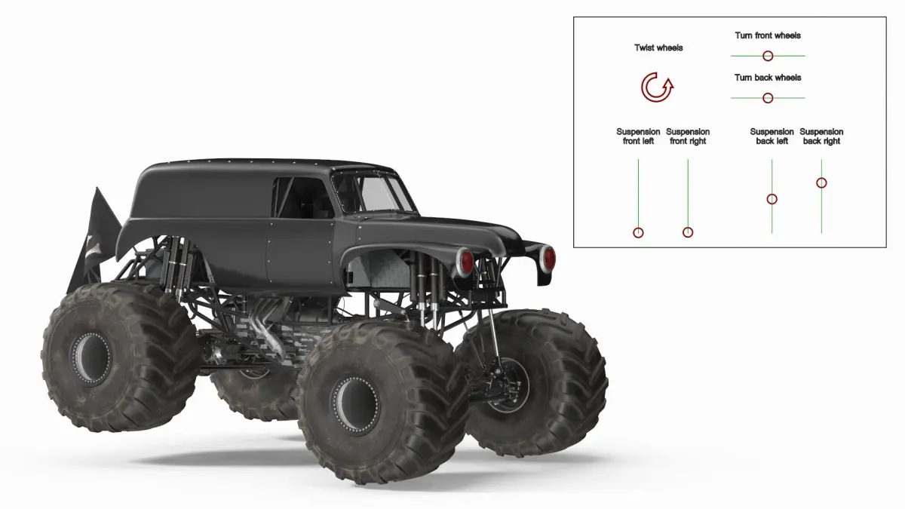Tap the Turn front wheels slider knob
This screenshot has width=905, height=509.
[768, 56]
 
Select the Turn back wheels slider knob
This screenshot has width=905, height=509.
[768, 98]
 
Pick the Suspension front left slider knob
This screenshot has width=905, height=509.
[638, 233]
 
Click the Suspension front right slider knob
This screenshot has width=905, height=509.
[688, 232]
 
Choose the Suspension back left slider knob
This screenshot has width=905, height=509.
[772, 199]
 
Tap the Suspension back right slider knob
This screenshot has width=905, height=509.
[821, 183]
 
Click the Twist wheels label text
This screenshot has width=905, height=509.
[658, 48]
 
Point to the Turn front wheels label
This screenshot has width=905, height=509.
[768, 35]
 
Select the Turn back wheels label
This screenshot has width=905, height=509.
[768, 78]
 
